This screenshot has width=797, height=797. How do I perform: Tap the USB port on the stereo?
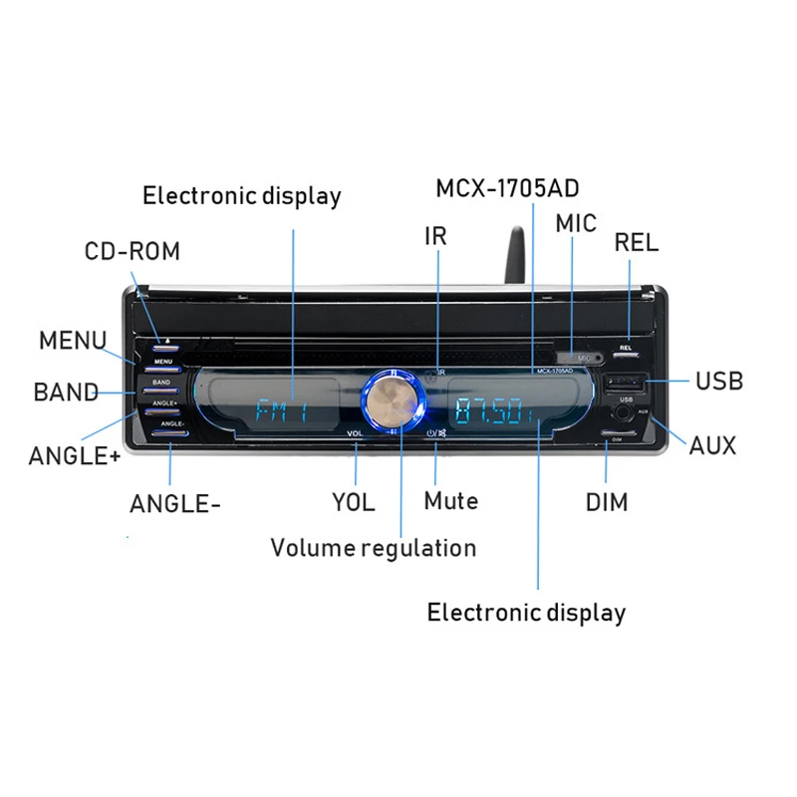tap(625, 383)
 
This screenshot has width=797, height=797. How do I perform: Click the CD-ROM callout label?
tap(133, 250)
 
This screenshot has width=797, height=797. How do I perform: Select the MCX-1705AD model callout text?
tap(508, 187)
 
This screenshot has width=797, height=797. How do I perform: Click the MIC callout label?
tap(576, 223)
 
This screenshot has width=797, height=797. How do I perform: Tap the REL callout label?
tap(637, 242)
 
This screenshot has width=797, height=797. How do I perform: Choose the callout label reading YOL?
tap(354, 502)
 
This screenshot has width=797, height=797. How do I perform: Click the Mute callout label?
tap(450, 500)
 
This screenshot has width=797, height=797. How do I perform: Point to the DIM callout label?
tap(607, 502)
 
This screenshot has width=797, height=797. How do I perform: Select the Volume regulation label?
tap(374, 547)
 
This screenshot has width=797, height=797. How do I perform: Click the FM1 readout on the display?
tap(280, 411)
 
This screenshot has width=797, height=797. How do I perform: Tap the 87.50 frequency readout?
tap(494, 410)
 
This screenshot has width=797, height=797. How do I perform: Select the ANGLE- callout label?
tap(175, 504)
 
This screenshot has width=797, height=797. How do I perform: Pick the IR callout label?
tap(435, 236)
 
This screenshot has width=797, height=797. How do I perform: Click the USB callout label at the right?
tap(718, 381)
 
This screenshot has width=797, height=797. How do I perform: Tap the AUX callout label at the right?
tap(712, 445)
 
